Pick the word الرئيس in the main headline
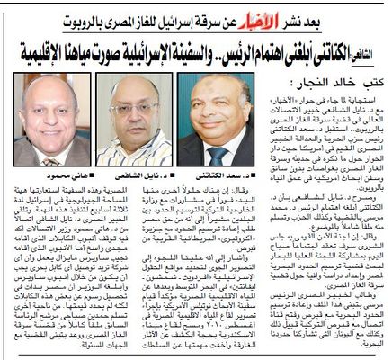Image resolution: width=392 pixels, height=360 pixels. click(x=236, y=52)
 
